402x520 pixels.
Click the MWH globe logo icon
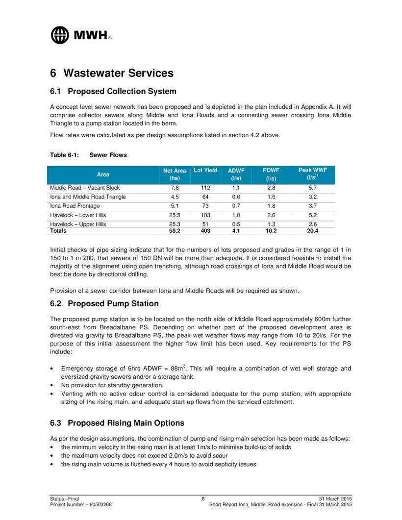61,34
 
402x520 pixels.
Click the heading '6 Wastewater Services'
112,73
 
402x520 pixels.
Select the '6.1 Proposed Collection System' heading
113,91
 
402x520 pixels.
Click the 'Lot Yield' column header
205,171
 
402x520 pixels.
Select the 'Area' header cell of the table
103,174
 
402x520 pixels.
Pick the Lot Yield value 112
205,188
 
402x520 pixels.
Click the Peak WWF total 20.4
312,230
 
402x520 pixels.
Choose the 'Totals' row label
59,230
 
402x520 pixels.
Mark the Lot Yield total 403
205,230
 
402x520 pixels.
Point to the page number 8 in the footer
202,499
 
